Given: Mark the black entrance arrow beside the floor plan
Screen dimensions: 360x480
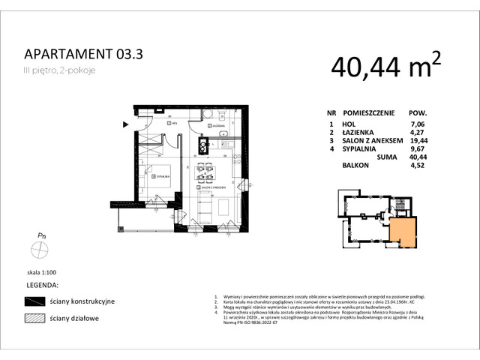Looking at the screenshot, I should tap(125, 124).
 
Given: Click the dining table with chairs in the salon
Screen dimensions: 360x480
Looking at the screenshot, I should tap(205, 173).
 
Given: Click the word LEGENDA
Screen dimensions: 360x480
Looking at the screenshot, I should tap(42, 285).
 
